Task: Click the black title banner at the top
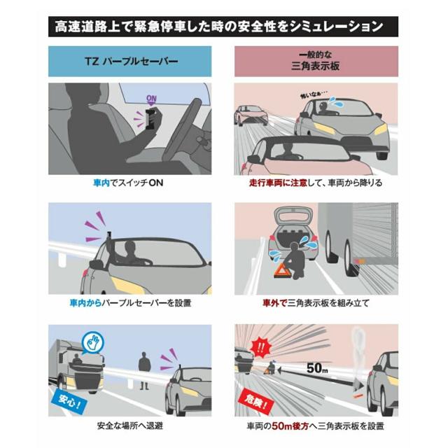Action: tap(223, 27)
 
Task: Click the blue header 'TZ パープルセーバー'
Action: tap(130, 61)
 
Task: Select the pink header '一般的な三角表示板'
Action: tap(316, 61)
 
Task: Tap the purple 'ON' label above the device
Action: tap(151, 99)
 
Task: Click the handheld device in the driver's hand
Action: tap(151, 118)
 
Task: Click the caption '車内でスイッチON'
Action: tap(128, 183)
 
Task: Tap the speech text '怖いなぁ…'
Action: tap(313, 94)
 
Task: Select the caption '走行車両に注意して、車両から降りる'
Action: tap(316, 183)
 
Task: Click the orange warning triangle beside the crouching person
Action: tap(281, 271)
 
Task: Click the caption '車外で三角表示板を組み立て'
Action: tap(316, 303)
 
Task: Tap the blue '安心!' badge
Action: tap(69, 401)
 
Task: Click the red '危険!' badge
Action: tap(256, 400)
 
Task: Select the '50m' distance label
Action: tap(317, 368)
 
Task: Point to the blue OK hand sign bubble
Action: tap(93, 342)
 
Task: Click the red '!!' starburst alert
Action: tap(260, 348)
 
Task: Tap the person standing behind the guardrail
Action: tap(144, 371)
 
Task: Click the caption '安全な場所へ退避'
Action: tap(130, 426)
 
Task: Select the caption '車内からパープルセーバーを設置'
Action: tap(130, 303)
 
